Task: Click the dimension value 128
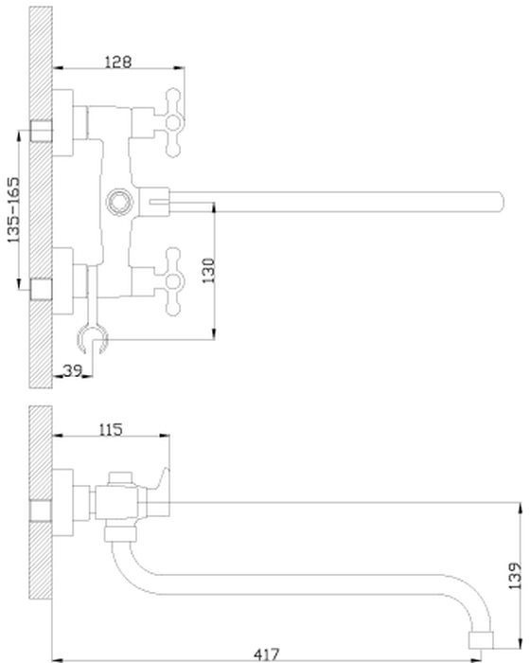tap(118, 62)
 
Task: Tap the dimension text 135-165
tap(13, 209)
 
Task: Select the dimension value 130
tap(208, 271)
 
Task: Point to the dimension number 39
tap(73, 371)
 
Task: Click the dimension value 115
tap(111, 430)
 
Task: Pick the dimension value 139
tap(515, 576)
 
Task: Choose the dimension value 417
tap(267, 654)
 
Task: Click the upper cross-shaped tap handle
tap(173, 122)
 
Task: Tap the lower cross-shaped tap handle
tap(173, 281)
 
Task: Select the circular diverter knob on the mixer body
tap(118, 202)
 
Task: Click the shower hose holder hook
tap(93, 338)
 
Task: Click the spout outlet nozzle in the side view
tap(482, 639)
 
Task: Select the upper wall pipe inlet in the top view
tap(42, 131)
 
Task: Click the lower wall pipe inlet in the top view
tap(42, 289)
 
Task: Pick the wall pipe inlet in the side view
tap(41, 511)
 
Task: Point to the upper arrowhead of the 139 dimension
tap(519, 509)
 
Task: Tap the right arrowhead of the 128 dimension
tap(179, 67)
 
